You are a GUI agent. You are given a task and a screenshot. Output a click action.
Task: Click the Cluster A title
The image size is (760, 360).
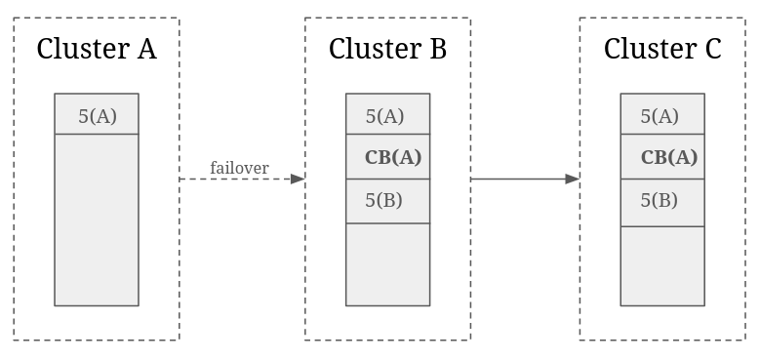click(97, 49)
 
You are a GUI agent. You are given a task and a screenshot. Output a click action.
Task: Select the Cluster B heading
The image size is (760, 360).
click(387, 49)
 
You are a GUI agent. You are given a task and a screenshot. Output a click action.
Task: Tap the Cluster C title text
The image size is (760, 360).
click(662, 49)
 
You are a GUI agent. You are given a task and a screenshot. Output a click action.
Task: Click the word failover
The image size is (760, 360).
click(239, 168)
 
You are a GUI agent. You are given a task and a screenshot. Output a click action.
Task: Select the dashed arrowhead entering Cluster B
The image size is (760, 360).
click(298, 179)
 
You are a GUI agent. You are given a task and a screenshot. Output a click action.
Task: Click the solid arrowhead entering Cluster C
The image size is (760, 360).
click(573, 179)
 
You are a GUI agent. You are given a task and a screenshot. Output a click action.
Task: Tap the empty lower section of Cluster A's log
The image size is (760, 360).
click(97, 220)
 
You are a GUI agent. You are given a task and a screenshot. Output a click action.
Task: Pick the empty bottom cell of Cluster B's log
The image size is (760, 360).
click(387, 264)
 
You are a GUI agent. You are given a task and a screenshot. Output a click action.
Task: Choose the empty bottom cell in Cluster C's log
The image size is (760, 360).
click(662, 266)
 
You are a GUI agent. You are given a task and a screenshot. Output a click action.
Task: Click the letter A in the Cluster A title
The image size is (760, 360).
click(147, 49)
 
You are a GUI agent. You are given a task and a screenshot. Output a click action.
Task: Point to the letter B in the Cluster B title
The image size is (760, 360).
click(438, 49)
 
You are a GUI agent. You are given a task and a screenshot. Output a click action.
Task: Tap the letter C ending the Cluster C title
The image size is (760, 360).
click(712, 49)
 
